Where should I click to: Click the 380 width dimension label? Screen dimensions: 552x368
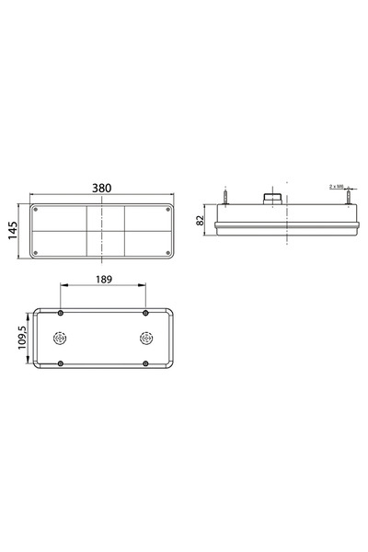101,188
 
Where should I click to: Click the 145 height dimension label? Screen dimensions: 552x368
14,230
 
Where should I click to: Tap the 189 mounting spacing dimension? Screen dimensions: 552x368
103,280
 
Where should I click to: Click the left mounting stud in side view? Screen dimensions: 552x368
224,196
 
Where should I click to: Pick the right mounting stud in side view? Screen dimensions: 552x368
349,196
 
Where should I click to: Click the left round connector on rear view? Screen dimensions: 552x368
60,339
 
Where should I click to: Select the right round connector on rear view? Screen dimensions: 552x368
146,339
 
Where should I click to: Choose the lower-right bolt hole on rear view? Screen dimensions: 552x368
146,365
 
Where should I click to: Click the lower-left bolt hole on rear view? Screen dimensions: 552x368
60,365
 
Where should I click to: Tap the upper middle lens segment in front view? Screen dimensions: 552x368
102,217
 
